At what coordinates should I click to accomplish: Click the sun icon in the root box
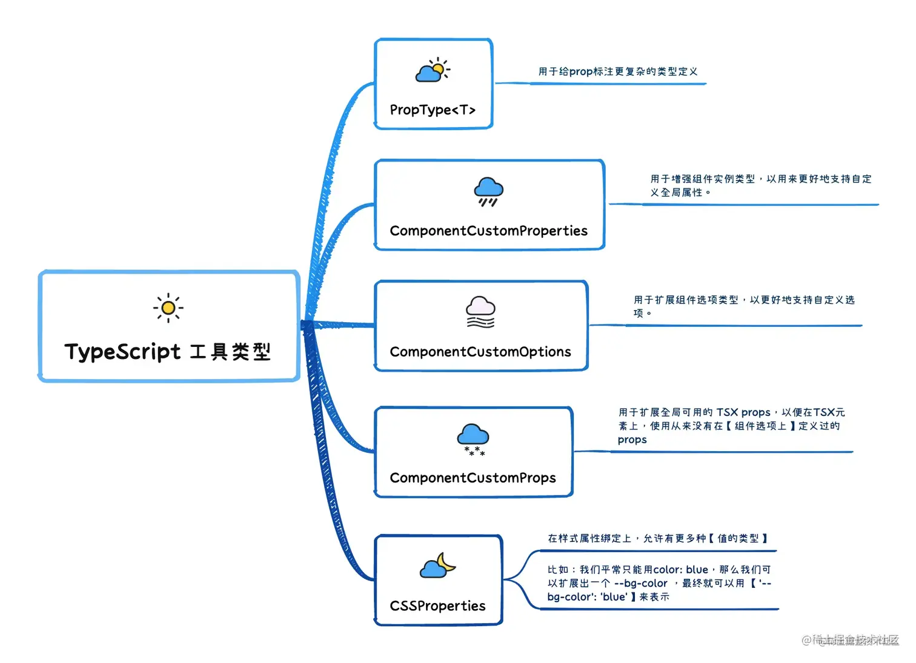(168, 308)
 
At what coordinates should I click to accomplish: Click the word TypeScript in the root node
(123, 352)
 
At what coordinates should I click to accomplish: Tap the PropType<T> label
(433, 110)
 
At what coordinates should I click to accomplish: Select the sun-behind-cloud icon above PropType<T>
(433, 71)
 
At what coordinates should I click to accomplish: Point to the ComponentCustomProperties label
(488, 231)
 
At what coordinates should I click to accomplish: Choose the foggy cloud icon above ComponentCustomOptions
(480, 312)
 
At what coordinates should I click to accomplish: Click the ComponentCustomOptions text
(480, 352)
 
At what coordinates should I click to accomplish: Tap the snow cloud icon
(473, 439)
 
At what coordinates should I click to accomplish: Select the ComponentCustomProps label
(473, 478)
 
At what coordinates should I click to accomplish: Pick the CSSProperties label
(437, 605)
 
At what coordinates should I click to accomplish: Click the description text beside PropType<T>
(618, 71)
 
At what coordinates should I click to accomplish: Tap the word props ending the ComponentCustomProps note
(632, 440)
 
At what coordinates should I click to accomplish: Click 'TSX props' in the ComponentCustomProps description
(743, 412)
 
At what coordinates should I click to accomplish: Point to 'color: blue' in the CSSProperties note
(680, 570)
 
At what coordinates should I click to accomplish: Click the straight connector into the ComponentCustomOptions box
(339, 325)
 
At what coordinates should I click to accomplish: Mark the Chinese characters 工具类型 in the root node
(230, 352)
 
